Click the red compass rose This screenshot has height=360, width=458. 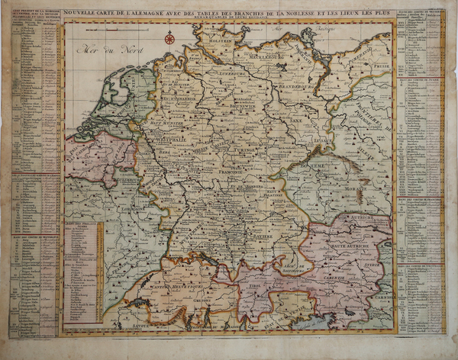tap(169, 37)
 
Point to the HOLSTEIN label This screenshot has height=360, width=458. tap(219, 51)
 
